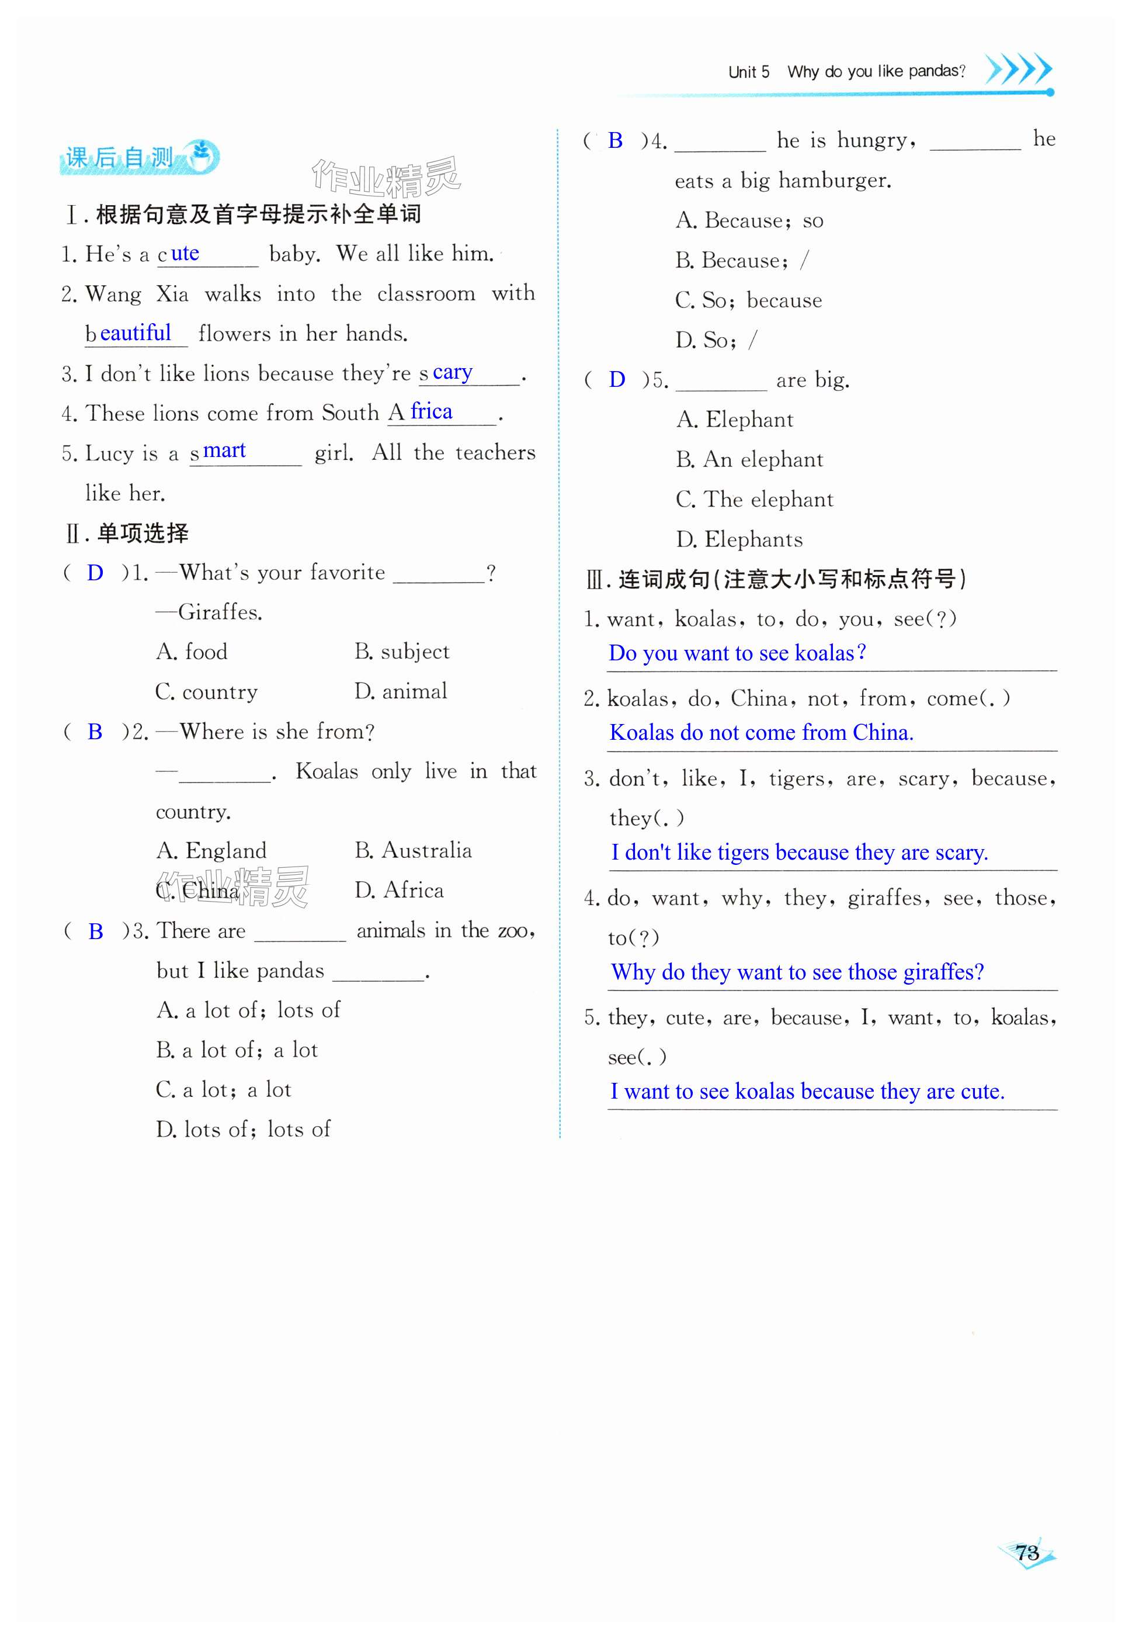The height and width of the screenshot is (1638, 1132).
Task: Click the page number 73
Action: click(x=1026, y=1552)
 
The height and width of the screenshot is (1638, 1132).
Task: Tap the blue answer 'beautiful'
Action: click(x=136, y=333)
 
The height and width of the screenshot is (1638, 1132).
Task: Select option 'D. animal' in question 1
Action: click(x=401, y=691)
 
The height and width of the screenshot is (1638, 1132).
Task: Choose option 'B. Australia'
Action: click(x=413, y=850)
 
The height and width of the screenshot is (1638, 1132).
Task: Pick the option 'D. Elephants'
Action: click(x=739, y=540)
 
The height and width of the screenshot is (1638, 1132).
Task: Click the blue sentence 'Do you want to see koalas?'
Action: click(x=737, y=653)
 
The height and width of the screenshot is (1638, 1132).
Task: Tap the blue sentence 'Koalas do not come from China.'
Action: click(x=761, y=732)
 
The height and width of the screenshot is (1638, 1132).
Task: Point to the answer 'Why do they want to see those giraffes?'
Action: click(x=797, y=971)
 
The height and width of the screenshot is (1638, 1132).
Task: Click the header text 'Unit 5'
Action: click(x=748, y=72)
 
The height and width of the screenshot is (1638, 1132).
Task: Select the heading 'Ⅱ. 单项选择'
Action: click(x=128, y=533)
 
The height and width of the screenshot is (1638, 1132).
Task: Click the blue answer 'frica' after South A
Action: click(x=431, y=411)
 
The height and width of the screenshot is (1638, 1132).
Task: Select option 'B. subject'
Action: click(x=401, y=651)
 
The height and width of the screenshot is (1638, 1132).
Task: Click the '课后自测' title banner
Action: click(x=139, y=157)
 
